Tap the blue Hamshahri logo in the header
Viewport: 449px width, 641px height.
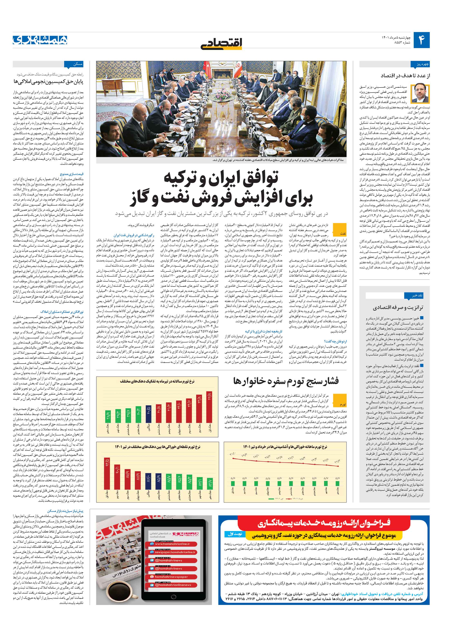click(x=40, y=40)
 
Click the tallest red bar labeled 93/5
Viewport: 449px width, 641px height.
click(x=107, y=474)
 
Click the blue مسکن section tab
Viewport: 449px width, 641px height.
click(x=73, y=64)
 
